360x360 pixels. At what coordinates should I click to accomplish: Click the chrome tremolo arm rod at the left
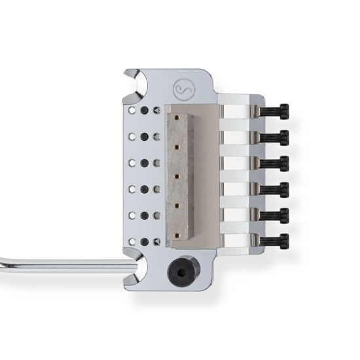tap(65, 265)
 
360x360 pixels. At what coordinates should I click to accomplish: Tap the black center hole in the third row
tap(145, 163)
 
